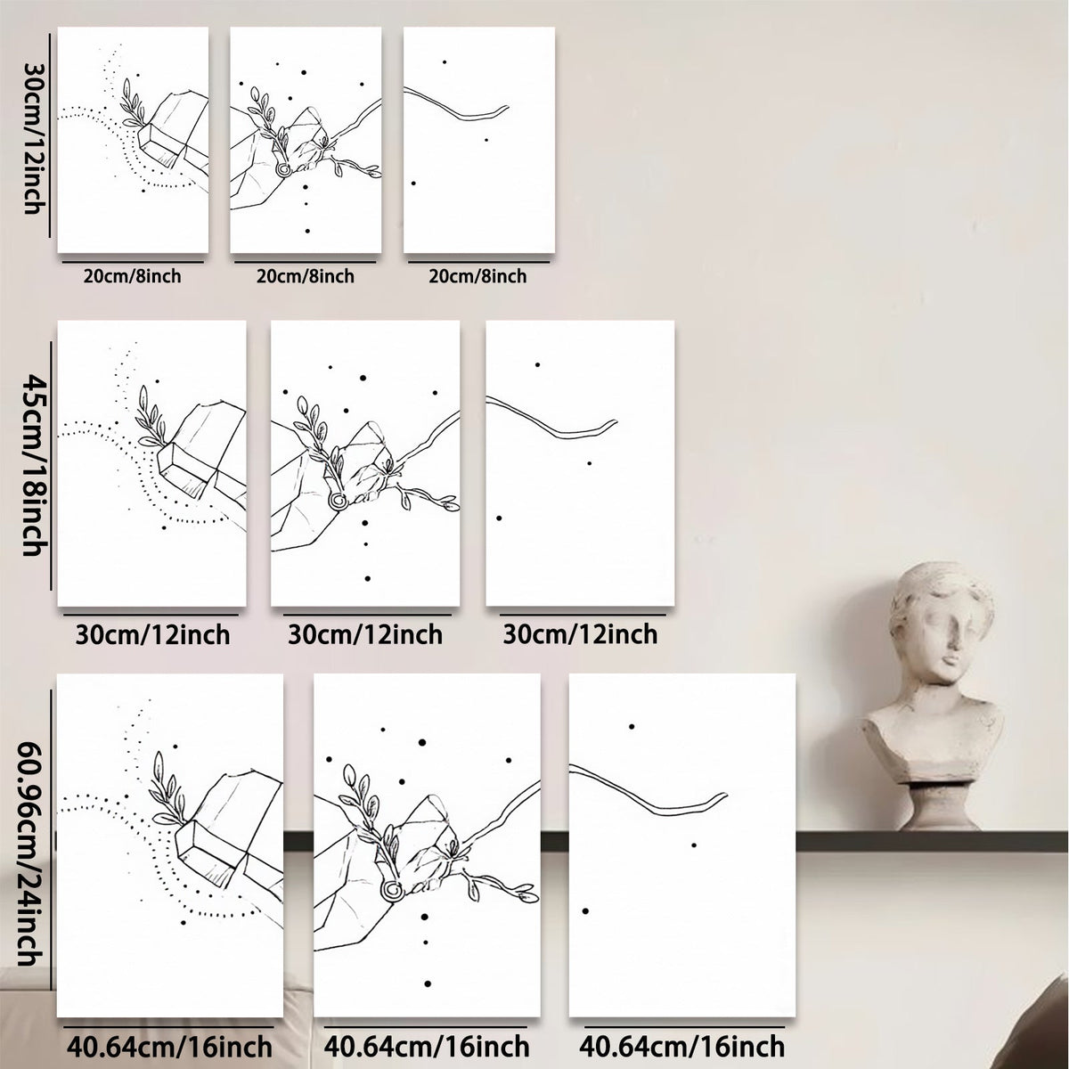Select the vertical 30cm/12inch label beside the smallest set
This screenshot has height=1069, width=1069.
(33, 137)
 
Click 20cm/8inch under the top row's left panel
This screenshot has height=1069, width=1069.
(132, 275)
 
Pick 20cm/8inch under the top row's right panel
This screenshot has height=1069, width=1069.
(477, 275)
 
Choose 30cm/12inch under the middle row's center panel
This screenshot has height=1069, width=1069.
(365, 634)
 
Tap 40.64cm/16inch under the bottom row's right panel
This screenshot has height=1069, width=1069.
(681, 1046)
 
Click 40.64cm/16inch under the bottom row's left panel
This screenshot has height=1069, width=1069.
(170, 1046)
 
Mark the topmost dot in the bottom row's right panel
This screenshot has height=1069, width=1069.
(632, 726)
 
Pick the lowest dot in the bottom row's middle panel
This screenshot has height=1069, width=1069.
(428, 984)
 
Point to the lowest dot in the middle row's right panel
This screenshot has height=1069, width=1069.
(499, 518)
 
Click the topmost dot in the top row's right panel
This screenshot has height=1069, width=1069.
(445, 62)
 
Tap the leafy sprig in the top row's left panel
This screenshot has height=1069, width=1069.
(132, 103)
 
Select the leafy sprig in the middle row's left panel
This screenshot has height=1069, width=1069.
(151, 416)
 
